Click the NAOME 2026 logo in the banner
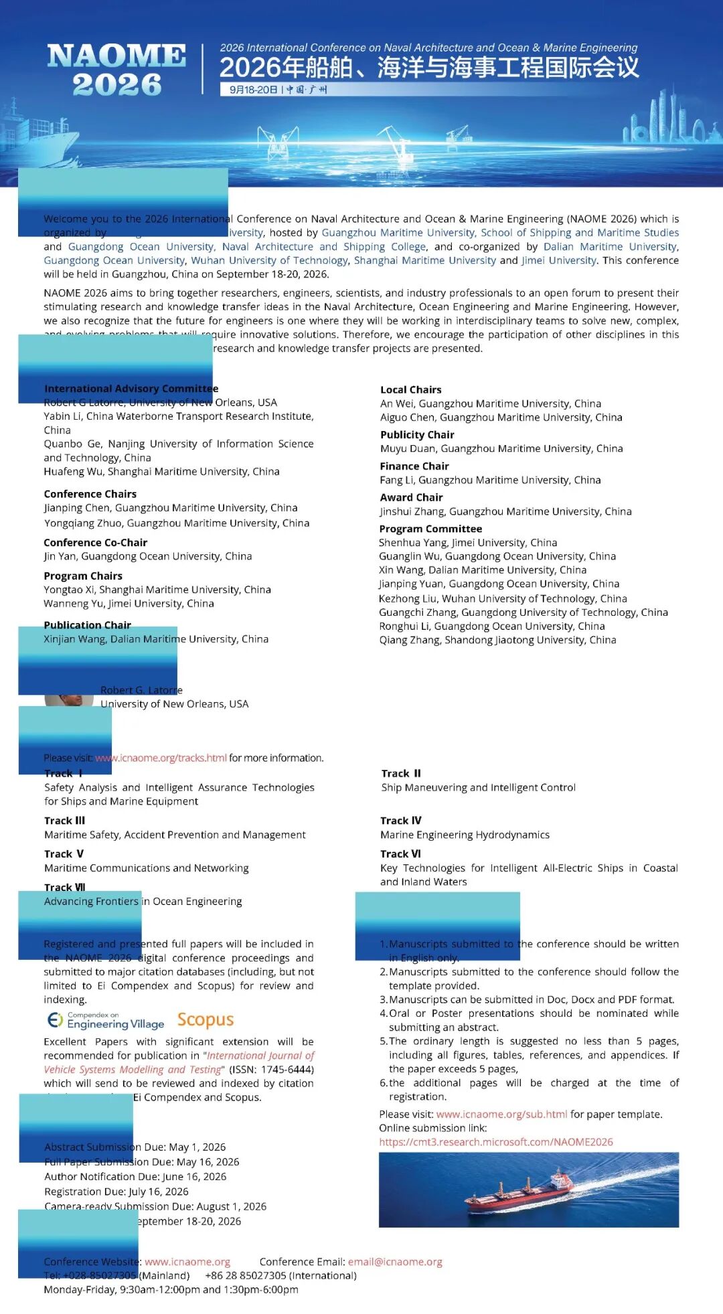116,70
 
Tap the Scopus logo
206,1019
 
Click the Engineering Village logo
106,1020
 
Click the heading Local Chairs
410,390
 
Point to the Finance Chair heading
414,466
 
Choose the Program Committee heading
430,529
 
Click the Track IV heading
400,821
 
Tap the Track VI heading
400,854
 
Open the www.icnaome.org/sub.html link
501,1115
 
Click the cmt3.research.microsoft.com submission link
496,1142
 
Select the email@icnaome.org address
395,1262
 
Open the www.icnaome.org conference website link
187,1262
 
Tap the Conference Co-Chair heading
95,543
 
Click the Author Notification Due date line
135,1176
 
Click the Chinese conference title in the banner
429,68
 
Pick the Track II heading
401,774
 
